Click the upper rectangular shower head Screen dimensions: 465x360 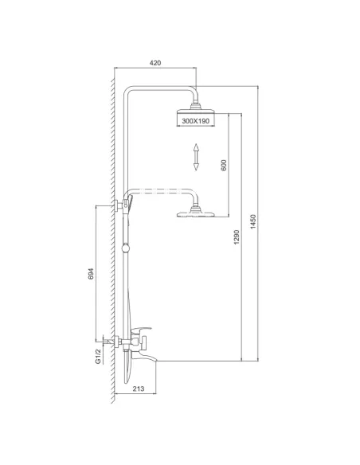[195, 117]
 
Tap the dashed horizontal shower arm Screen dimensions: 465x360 [163, 191]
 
